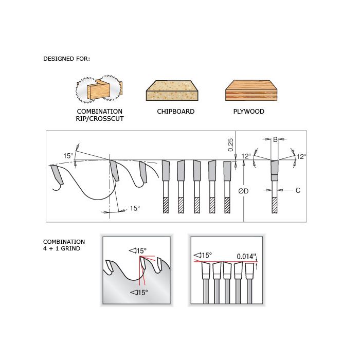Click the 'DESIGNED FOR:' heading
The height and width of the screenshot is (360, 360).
[x=66, y=59]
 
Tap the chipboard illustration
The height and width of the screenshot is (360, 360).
[x=172, y=91]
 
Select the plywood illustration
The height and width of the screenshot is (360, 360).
[x=251, y=90]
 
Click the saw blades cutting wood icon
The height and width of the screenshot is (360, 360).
[x=99, y=88]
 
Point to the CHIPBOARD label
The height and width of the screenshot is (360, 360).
[x=176, y=112]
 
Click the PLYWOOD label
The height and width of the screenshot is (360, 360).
[x=248, y=112]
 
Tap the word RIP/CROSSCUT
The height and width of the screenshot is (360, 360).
[x=100, y=119]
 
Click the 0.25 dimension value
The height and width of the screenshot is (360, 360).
[x=230, y=145]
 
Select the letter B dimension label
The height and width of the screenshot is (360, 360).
[x=275, y=139]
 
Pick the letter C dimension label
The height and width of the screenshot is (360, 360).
[x=298, y=190]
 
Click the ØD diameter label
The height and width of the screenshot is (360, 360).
[x=243, y=191]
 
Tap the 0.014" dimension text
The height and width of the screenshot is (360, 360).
[x=246, y=256]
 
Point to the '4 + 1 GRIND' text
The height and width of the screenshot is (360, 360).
[x=62, y=248]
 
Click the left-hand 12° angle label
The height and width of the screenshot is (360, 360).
[x=246, y=156]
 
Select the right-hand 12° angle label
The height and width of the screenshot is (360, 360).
[x=301, y=156]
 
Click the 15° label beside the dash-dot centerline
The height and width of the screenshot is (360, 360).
[x=135, y=208]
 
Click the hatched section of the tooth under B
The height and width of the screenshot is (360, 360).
[x=274, y=205]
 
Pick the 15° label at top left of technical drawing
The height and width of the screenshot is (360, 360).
[x=68, y=156]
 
